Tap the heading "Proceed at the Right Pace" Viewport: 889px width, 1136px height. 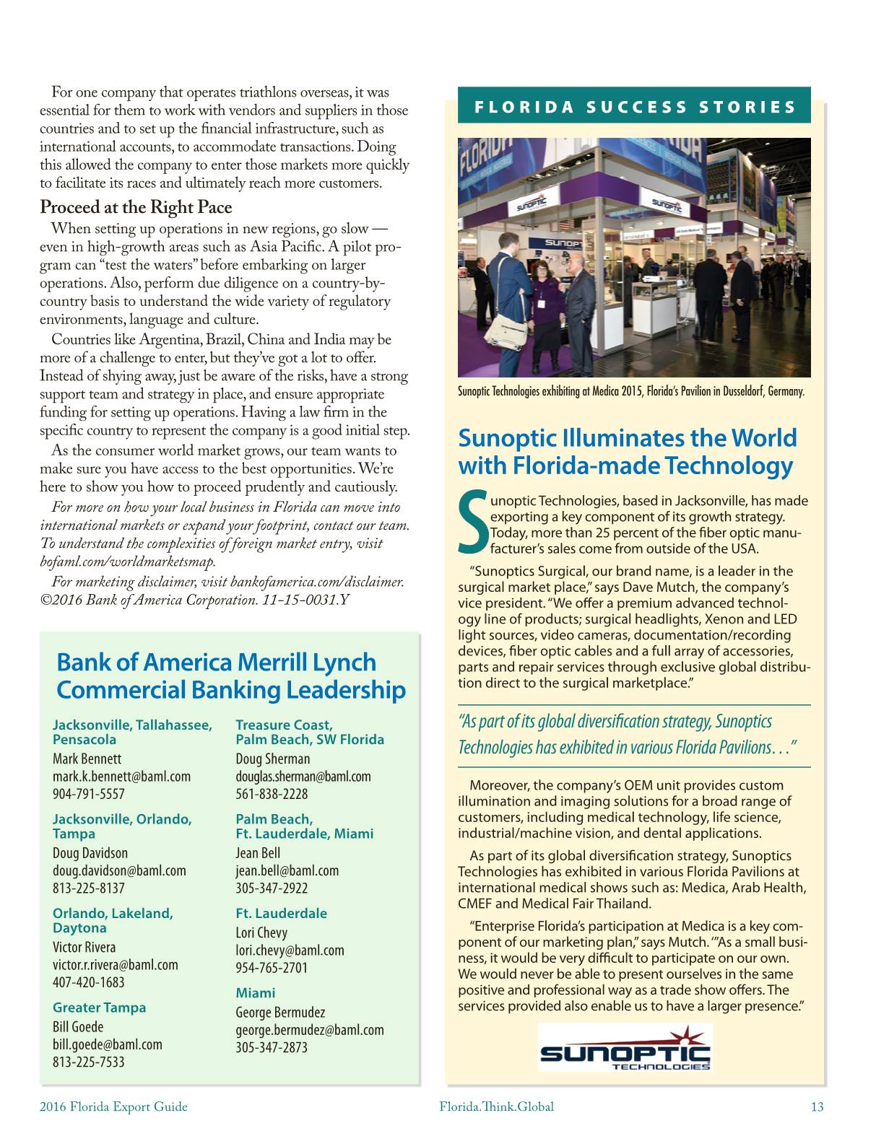coord(136,208)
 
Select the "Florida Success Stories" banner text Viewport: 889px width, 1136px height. coord(634,108)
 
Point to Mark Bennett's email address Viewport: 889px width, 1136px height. coord(121,777)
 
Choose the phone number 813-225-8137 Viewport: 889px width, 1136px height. coord(88,888)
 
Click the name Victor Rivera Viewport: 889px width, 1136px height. coord(84,947)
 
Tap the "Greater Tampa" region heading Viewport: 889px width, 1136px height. coord(99,1008)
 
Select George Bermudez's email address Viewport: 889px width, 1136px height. coord(309,1030)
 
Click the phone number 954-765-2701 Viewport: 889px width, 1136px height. coord(272,968)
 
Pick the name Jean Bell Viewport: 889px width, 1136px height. coord(258,853)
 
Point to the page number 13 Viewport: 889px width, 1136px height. coord(817,1106)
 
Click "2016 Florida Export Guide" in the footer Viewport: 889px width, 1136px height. coord(113,1106)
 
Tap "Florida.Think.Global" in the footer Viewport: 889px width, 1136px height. coord(497,1106)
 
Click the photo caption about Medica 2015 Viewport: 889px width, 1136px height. coord(630,392)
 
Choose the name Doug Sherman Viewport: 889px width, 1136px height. coord(272,759)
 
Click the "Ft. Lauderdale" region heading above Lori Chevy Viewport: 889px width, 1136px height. coord(281,913)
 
